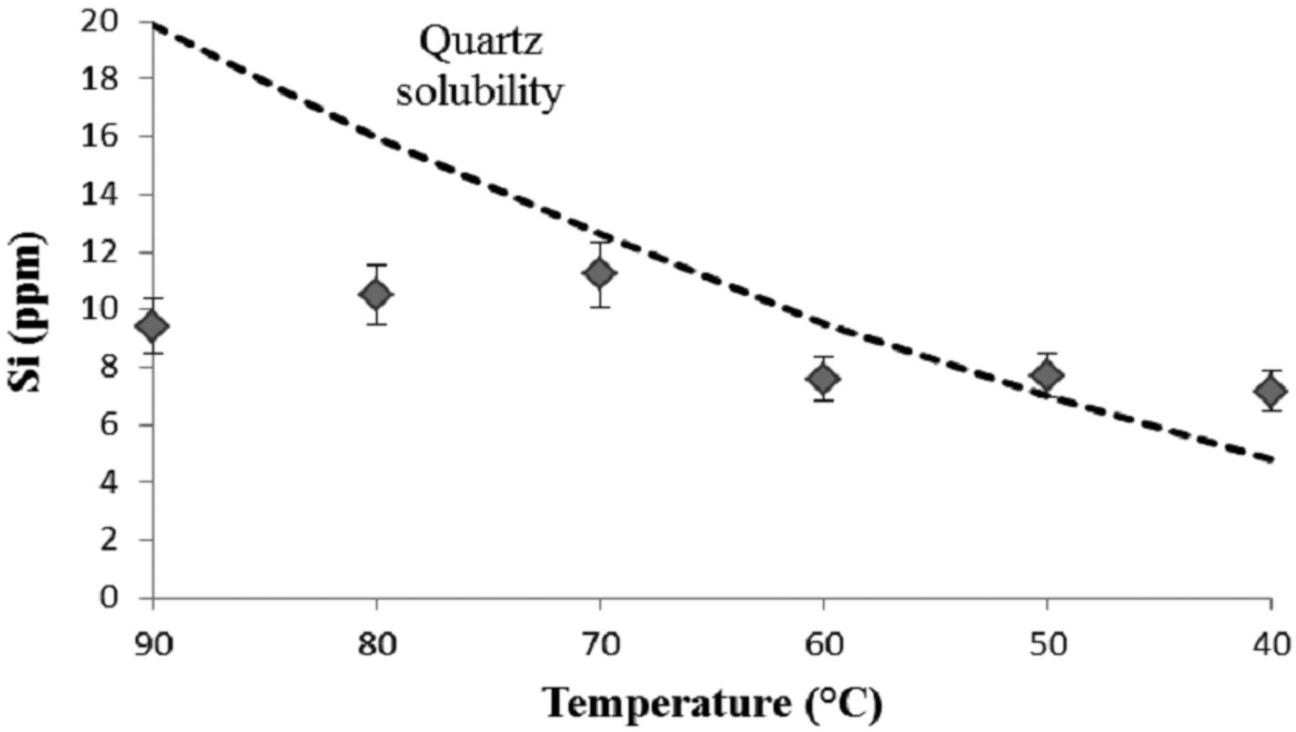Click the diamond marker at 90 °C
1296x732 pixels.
click(x=153, y=327)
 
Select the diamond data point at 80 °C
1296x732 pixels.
click(x=376, y=294)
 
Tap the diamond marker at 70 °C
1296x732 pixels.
click(x=600, y=273)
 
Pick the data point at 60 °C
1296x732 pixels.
click(x=824, y=379)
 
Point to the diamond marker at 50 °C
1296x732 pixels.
click(x=1047, y=375)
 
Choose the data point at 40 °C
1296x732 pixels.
click(x=1271, y=392)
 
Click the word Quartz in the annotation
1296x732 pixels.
click(x=480, y=42)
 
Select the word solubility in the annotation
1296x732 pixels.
click(x=479, y=92)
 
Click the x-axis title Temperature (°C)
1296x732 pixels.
click(x=713, y=703)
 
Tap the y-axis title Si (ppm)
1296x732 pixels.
click(x=29, y=312)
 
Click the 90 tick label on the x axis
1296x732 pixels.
click(x=153, y=645)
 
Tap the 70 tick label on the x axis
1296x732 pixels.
click(x=600, y=645)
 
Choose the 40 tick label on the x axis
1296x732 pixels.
click(x=1271, y=645)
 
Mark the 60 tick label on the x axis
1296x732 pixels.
click(x=824, y=645)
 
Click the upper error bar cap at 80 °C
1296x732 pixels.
click(x=376, y=265)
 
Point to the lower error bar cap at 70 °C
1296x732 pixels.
click(x=600, y=307)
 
